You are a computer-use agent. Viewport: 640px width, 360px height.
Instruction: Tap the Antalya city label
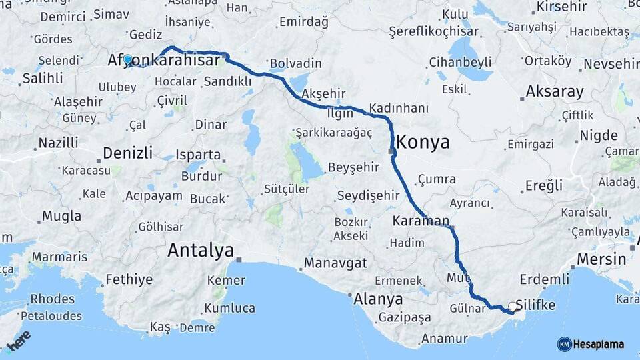click(201, 251)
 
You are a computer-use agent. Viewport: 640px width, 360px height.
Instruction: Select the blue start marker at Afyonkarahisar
click(128, 59)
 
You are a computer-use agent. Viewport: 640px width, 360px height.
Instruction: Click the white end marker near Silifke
click(512, 307)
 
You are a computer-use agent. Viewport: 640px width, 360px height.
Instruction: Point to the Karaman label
click(421, 221)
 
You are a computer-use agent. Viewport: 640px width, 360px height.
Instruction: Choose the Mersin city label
click(602, 259)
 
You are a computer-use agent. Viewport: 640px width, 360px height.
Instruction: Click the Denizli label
click(129, 153)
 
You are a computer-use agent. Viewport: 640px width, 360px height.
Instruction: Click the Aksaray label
click(554, 91)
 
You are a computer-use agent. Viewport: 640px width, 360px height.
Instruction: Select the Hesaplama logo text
click(599, 344)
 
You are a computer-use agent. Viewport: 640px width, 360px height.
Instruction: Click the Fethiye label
click(129, 279)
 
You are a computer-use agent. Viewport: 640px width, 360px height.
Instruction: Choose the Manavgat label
click(335, 263)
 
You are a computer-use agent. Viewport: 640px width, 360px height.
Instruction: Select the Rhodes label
click(53, 299)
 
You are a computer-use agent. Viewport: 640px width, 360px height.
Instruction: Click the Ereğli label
click(544, 185)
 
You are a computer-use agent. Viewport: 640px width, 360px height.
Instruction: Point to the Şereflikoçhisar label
click(434, 31)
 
